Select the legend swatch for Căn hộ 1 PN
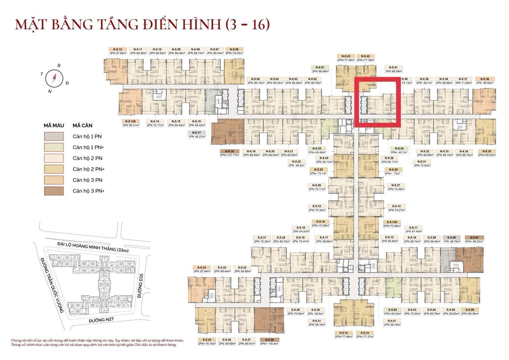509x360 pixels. [x=54, y=136]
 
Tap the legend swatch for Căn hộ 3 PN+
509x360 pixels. [x=54, y=191]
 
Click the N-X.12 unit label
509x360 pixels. [x=117, y=49]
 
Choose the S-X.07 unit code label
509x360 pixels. [x=474, y=238]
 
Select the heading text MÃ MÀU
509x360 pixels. [x=54, y=125]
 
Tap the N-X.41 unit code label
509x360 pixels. [x=391, y=67]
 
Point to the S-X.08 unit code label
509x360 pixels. [x=451, y=238]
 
